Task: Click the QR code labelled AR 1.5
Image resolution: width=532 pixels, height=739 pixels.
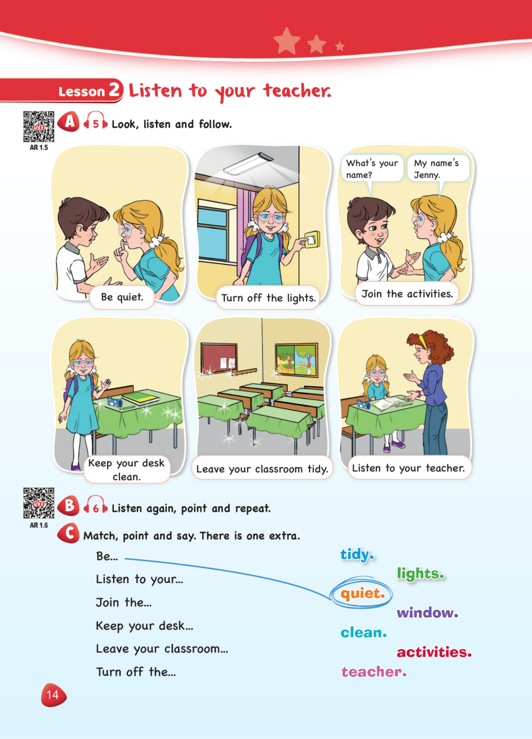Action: point(38,127)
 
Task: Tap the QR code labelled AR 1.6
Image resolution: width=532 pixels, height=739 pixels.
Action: point(38,503)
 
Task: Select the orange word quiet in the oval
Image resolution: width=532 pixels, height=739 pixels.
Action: point(362,594)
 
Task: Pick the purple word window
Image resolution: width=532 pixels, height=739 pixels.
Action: point(427,613)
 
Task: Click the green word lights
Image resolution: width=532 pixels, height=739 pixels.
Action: point(420,574)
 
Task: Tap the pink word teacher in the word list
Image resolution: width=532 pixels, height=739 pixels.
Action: point(374,672)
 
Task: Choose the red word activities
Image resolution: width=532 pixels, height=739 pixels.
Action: point(434,652)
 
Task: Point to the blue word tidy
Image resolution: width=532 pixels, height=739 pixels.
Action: point(357,554)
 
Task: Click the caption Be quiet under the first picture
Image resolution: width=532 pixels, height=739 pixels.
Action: point(122,297)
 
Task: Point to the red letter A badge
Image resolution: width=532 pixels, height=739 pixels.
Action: point(68,122)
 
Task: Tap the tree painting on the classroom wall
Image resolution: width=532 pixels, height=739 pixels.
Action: point(296,360)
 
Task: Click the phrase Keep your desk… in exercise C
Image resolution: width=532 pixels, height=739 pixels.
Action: point(144,626)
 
